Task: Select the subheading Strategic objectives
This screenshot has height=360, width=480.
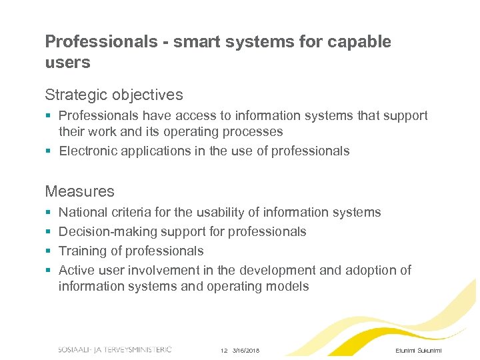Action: [x=113, y=95]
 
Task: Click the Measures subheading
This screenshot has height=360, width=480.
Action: [x=79, y=191]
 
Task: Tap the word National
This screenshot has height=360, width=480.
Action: [x=84, y=212]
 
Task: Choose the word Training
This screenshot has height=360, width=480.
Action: [x=83, y=251]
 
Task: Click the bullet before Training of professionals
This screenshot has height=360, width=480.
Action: [x=48, y=251]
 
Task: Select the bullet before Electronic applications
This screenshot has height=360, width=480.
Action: [x=48, y=151]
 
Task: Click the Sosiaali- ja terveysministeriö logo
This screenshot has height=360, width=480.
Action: [x=115, y=349]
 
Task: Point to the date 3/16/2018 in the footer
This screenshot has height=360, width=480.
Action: [x=246, y=351]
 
